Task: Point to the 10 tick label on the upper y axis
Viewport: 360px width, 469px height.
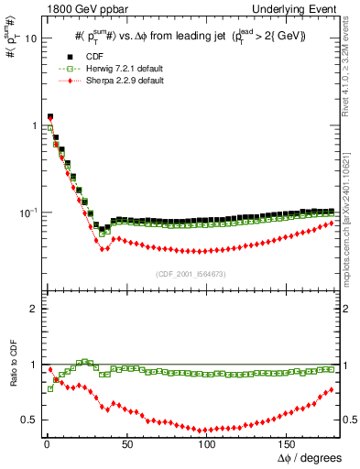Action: [29, 38]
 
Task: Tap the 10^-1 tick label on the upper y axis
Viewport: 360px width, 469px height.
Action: [27, 212]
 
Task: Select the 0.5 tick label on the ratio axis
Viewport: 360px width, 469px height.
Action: [27, 420]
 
